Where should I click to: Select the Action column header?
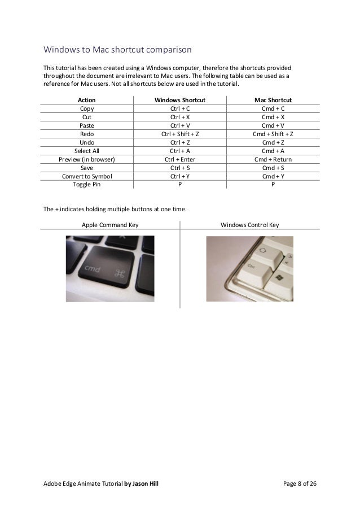87,99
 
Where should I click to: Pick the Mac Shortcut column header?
273,99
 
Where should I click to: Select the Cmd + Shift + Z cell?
273,134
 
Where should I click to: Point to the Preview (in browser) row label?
87,159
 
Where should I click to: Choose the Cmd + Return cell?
273,159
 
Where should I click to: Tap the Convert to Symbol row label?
87,176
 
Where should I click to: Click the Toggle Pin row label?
87,184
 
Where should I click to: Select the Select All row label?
87,151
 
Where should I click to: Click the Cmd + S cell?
273,168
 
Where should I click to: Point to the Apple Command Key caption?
111,225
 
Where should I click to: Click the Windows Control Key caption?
250,225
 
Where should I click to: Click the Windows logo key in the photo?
278,279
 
